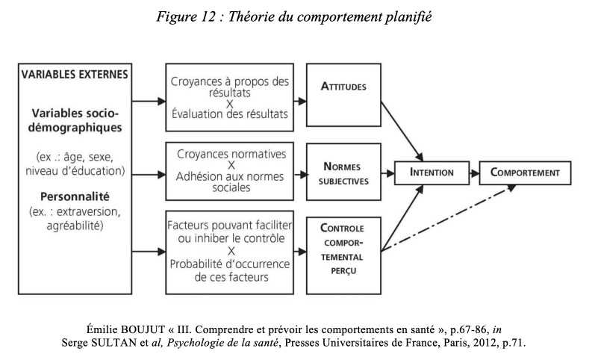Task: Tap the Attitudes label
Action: [343, 87]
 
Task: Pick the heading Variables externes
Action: [75, 75]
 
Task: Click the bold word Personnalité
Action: [75, 196]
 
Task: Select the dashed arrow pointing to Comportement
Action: [449, 218]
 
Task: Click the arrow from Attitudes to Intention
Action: [402, 131]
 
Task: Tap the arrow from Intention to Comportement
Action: [474, 173]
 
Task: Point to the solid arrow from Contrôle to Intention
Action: [402, 218]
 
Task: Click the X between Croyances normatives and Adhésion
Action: [231, 165]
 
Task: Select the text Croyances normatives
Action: [231, 154]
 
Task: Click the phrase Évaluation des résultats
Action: [230, 114]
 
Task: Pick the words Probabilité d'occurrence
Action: [230, 264]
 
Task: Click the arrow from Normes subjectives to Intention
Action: [387, 173]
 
